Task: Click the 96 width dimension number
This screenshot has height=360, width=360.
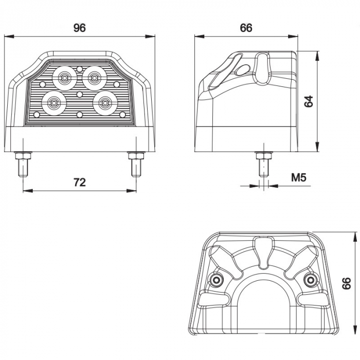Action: pyautogui.click(x=79, y=28)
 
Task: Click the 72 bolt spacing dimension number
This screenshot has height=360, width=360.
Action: pyautogui.click(x=79, y=182)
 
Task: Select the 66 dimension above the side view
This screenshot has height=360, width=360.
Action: pyautogui.click(x=246, y=28)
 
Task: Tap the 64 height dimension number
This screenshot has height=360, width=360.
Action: pyautogui.click(x=309, y=101)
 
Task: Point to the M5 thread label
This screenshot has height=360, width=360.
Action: pyautogui.click(x=299, y=178)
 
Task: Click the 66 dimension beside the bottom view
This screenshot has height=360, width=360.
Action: pyautogui.click(x=347, y=282)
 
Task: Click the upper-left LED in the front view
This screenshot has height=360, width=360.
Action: pyautogui.click(x=64, y=78)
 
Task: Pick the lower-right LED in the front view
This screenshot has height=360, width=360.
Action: pyautogui.click(x=105, y=103)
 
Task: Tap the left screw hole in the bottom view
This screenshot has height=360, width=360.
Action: pyautogui.click(x=216, y=279)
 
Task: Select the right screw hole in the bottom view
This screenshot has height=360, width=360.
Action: pyautogui.click(x=310, y=279)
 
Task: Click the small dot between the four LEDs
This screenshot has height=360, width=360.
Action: pyautogui.click(x=79, y=94)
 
